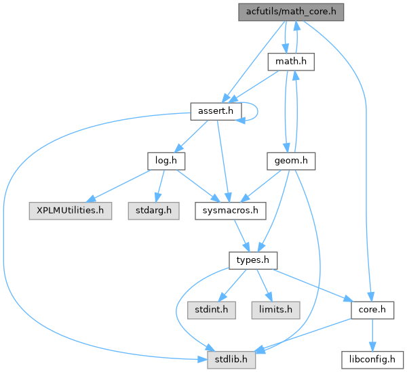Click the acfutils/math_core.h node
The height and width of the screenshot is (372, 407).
pyautogui.click(x=292, y=11)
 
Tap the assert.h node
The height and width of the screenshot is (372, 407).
pyautogui.click(x=215, y=110)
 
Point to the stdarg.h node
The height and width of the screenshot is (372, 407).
pyautogui.click(x=153, y=211)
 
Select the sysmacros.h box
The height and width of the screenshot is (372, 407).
pyautogui.click(x=227, y=211)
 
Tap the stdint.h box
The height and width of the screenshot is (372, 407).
pyautogui.click(x=207, y=310)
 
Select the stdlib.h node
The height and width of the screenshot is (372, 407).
pyautogui.click(x=231, y=359)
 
